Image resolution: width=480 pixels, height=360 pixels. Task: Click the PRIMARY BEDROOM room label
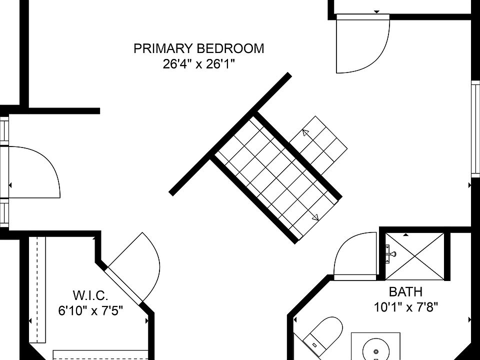coord(198,48)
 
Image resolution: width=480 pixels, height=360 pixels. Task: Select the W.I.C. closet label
coord(90,295)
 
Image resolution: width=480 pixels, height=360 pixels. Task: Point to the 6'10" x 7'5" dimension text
coord(90,310)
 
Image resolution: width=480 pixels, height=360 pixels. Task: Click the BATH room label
coord(405,291)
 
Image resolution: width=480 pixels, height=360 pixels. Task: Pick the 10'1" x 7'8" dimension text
coord(406,306)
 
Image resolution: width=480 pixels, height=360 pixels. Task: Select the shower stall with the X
coord(414,256)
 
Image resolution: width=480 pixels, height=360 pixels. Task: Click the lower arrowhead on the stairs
coord(315,217)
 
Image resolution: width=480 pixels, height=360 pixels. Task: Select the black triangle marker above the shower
coord(406,235)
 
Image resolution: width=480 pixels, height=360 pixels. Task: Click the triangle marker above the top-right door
coord(377,12)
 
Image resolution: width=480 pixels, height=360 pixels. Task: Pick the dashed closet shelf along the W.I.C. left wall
coord(37,289)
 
